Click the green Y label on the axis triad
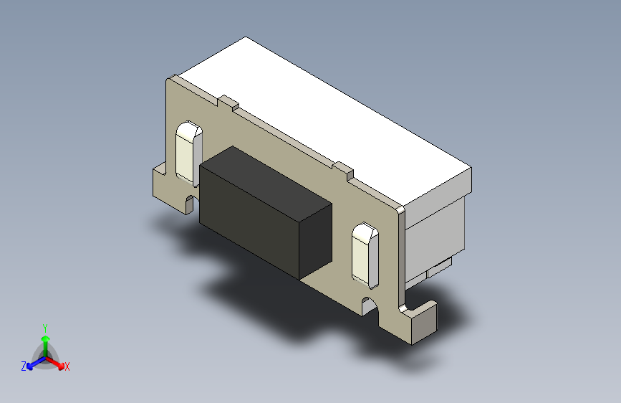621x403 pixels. [x=44, y=326]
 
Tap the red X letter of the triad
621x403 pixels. [x=67, y=367]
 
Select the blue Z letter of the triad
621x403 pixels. [x=24, y=366]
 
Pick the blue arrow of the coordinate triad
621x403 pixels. [x=33, y=361]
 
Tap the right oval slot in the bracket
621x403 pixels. [x=367, y=253]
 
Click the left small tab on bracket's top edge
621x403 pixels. [x=228, y=103]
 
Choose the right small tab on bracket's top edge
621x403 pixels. [x=345, y=171]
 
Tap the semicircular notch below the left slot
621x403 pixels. [x=191, y=200]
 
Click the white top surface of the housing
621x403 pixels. [x=322, y=115]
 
